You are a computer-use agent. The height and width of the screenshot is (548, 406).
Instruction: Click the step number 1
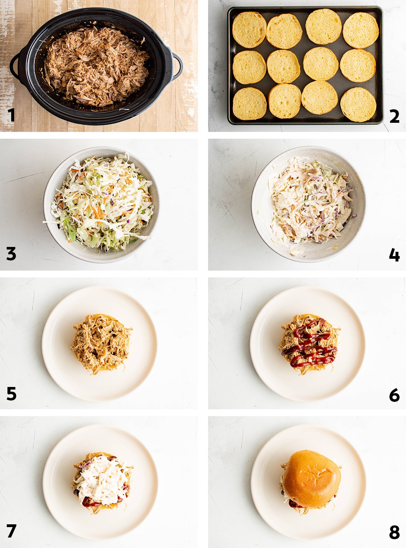pos(11,115)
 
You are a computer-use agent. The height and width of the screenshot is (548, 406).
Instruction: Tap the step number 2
pos(394,116)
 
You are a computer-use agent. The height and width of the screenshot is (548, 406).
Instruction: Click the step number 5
pos(12,394)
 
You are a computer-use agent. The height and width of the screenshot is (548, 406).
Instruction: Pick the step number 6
pos(394,395)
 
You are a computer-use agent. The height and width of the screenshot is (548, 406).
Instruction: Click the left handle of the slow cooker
pos(14,66)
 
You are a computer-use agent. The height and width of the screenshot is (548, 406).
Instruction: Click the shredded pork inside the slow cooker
pos(97,66)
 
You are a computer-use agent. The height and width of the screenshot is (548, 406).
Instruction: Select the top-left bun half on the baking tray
pos(249,30)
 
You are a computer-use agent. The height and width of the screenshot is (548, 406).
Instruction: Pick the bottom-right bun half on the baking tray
pos(358,105)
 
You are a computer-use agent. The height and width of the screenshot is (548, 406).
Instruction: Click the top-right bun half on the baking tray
pos(361,30)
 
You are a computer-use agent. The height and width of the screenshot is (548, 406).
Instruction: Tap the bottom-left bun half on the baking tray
pos(250,104)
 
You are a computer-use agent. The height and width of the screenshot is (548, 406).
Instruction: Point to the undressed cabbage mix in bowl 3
pos(101,203)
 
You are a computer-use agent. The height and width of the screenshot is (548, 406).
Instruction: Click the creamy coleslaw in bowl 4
pos(311,203)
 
